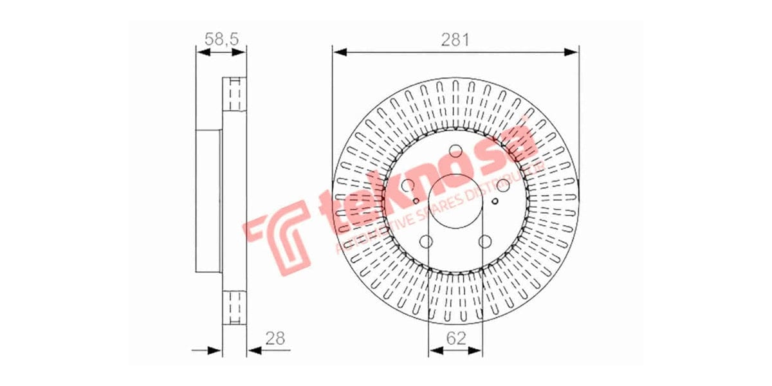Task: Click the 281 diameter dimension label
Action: tap(455, 39)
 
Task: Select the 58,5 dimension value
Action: tap(221, 39)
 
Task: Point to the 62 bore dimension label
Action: tap(455, 337)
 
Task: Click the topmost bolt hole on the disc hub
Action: tap(455, 152)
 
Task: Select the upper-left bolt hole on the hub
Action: tap(408, 186)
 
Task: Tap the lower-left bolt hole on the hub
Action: tap(426, 242)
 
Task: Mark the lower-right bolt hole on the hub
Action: tap(485, 242)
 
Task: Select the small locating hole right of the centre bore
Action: tap(494, 201)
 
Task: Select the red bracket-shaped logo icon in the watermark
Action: tap(280, 235)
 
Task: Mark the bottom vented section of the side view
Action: tap(235, 307)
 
